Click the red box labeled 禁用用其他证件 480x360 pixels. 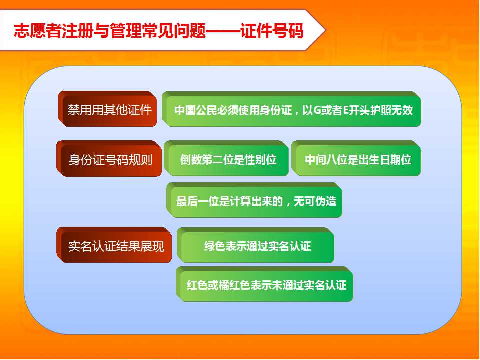click(x=108, y=109)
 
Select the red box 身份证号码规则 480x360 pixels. click(x=109, y=159)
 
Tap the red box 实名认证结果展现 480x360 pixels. click(x=114, y=245)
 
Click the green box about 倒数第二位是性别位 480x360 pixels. click(x=226, y=158)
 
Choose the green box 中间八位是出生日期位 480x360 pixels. click(x=356, y=158)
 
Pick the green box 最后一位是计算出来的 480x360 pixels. click(x=254, y=200)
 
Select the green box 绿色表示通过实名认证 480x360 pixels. click(x=255, y=245)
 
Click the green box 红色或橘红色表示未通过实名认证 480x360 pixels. click(x=265, y=284)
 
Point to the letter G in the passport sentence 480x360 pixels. click(x=317, y=110)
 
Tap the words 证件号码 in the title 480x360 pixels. click(x=272, y=31)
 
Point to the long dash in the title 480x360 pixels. click(x=223, y=31)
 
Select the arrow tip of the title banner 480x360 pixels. click(x=325, y=30)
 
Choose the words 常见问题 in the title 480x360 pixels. click(x=174, y=31)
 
